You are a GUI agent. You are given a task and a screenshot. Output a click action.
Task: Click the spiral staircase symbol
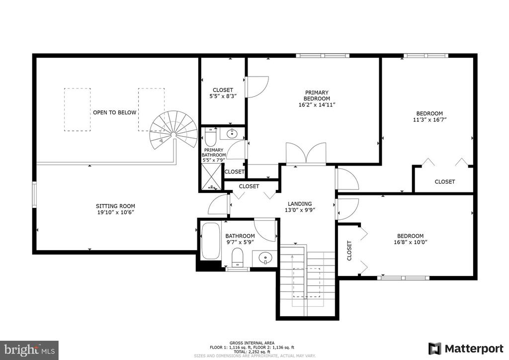click(173, 130)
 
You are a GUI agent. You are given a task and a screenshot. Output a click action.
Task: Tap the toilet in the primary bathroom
click(210, 137)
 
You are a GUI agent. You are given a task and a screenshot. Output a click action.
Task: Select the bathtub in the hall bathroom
click(210, 241)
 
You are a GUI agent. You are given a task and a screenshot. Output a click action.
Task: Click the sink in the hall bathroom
click(265, 258)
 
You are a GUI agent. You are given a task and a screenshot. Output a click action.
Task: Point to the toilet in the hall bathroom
click(238, 258)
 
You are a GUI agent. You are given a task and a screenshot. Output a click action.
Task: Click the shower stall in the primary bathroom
click(211, 177)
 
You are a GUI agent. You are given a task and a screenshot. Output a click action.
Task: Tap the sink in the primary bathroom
click(232, 133)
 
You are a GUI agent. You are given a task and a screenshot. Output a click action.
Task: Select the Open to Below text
click(115, 112)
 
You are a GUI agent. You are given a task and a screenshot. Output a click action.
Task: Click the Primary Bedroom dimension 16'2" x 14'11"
click(317, 104)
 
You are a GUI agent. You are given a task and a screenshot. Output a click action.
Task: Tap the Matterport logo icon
click(434, 349)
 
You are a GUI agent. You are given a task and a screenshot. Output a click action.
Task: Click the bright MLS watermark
click(29, 350)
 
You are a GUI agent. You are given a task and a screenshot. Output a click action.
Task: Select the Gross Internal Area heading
click(252, 343)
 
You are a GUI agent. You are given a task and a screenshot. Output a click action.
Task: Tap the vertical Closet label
click(349, 250)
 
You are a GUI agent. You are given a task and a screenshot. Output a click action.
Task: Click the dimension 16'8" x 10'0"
click(410, 242)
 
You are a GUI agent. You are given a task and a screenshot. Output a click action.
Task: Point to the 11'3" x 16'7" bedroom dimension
click(429, 119)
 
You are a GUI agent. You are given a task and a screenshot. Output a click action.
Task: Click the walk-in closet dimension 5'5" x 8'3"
click(223, 96)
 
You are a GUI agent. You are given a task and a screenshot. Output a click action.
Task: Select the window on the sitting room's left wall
click(34, 194)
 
